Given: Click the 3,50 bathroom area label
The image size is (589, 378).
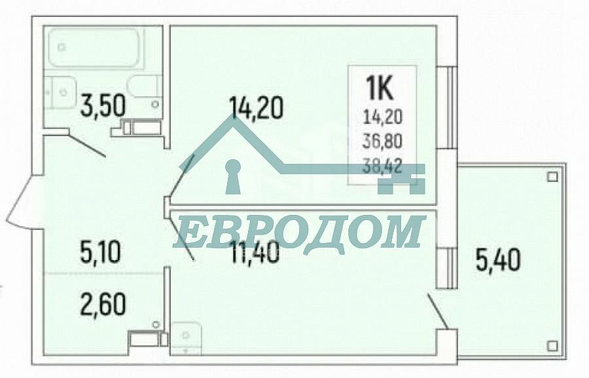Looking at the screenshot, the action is coord(103,105).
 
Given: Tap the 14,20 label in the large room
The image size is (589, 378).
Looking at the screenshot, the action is coord(255,107).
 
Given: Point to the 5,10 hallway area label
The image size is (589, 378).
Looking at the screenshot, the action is coord(100,252).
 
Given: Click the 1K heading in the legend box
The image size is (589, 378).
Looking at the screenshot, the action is coord(380,88).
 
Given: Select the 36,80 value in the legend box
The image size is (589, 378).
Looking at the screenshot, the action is coord(382,142).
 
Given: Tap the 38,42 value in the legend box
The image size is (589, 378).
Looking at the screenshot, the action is coord(382,166).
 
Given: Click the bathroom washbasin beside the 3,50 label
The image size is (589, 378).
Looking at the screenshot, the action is coord(60,92).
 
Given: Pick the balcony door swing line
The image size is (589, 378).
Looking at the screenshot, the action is coord(437,312).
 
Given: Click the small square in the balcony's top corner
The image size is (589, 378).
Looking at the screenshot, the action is coord(552,176).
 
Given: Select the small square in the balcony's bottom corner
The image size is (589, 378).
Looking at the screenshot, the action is coord(552,346).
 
